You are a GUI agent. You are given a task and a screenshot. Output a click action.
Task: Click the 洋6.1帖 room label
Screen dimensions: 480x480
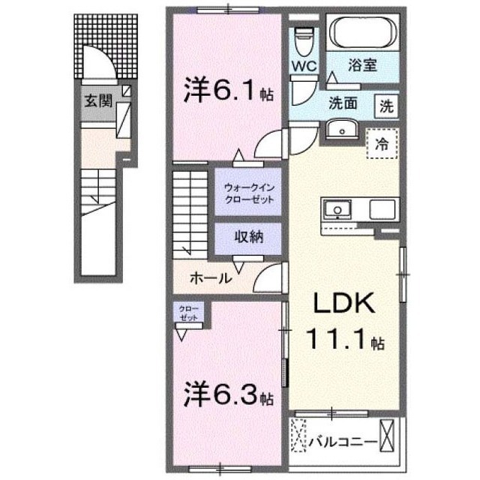pos(224,94)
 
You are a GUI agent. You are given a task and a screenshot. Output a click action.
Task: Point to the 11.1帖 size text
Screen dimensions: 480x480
pos(344,343)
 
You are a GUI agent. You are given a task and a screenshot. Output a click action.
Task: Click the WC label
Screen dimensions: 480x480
pos(304,65)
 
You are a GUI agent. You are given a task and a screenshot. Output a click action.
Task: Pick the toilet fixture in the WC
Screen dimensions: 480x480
pos(304,37)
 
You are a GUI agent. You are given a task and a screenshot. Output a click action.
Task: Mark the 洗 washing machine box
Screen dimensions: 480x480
pos(385,106)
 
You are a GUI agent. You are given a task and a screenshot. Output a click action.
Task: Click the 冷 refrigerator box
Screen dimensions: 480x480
pos(382,142)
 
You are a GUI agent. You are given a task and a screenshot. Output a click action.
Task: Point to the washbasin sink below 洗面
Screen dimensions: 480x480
pos(343,129)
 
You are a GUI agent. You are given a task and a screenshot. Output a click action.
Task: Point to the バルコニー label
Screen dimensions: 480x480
pos(342,442)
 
